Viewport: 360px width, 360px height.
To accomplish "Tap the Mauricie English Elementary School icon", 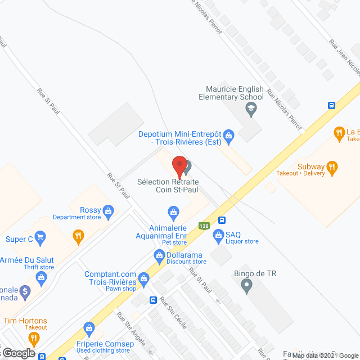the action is tap(251, 110).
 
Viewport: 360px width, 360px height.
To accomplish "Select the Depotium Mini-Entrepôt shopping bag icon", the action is tap(228, 135).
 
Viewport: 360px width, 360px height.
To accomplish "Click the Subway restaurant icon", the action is tap(332, 166).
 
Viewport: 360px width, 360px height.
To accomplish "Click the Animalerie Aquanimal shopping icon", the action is tap(174, 212).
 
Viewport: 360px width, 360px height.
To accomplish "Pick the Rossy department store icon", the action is tap(109, 212).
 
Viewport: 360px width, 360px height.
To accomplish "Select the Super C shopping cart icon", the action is tap(39, 238).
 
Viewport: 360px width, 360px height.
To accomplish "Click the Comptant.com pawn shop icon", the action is tap(144, 277).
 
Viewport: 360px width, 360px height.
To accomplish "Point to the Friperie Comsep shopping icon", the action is tap(88, 328).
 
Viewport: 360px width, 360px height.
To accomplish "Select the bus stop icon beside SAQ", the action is tap(222, 220).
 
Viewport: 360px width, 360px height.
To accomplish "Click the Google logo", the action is tap(18, 353).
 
